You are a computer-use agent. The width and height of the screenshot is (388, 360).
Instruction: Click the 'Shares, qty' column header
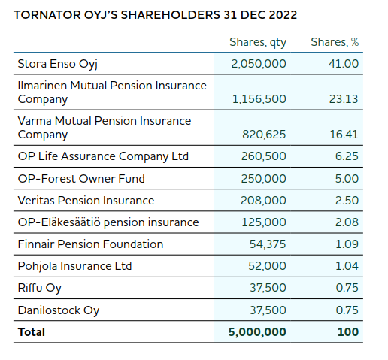(258, 42)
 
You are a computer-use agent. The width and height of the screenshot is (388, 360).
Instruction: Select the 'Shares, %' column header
(335, 42)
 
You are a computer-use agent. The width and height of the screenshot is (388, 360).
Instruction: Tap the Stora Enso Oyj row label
(58, 64)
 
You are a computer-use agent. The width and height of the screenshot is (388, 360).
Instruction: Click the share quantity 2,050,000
(259, 64)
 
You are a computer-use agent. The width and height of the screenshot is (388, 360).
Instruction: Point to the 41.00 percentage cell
(344, 64)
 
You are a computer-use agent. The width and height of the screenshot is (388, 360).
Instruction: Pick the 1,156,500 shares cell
(259, 99)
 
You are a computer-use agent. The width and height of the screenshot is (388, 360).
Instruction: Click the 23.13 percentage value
(344, 99)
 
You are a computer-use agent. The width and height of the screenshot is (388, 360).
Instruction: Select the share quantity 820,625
(264, 135)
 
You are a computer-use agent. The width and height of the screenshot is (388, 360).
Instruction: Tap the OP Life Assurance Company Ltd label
(103, 156)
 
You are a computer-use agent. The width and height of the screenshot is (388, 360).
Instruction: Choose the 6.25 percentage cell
(347, 156)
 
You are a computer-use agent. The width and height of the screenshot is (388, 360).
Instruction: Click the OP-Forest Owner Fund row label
(81, 179)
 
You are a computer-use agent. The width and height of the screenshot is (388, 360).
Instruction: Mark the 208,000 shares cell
(263, 201)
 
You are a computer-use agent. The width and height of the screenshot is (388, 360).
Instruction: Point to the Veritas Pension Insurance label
(86, 201)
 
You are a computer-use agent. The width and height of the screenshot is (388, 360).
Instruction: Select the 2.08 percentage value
(347, 222)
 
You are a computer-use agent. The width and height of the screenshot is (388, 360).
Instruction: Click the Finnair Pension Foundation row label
(90, 244)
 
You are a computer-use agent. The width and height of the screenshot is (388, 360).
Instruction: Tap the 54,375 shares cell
(268, 244)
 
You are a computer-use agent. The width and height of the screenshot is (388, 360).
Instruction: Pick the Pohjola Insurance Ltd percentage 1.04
(347, 266)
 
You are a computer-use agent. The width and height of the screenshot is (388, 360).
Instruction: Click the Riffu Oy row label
(40, 288)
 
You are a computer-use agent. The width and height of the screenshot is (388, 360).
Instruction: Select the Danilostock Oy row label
(59, 310)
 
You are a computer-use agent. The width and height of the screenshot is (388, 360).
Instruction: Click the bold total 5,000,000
(257, 332)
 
